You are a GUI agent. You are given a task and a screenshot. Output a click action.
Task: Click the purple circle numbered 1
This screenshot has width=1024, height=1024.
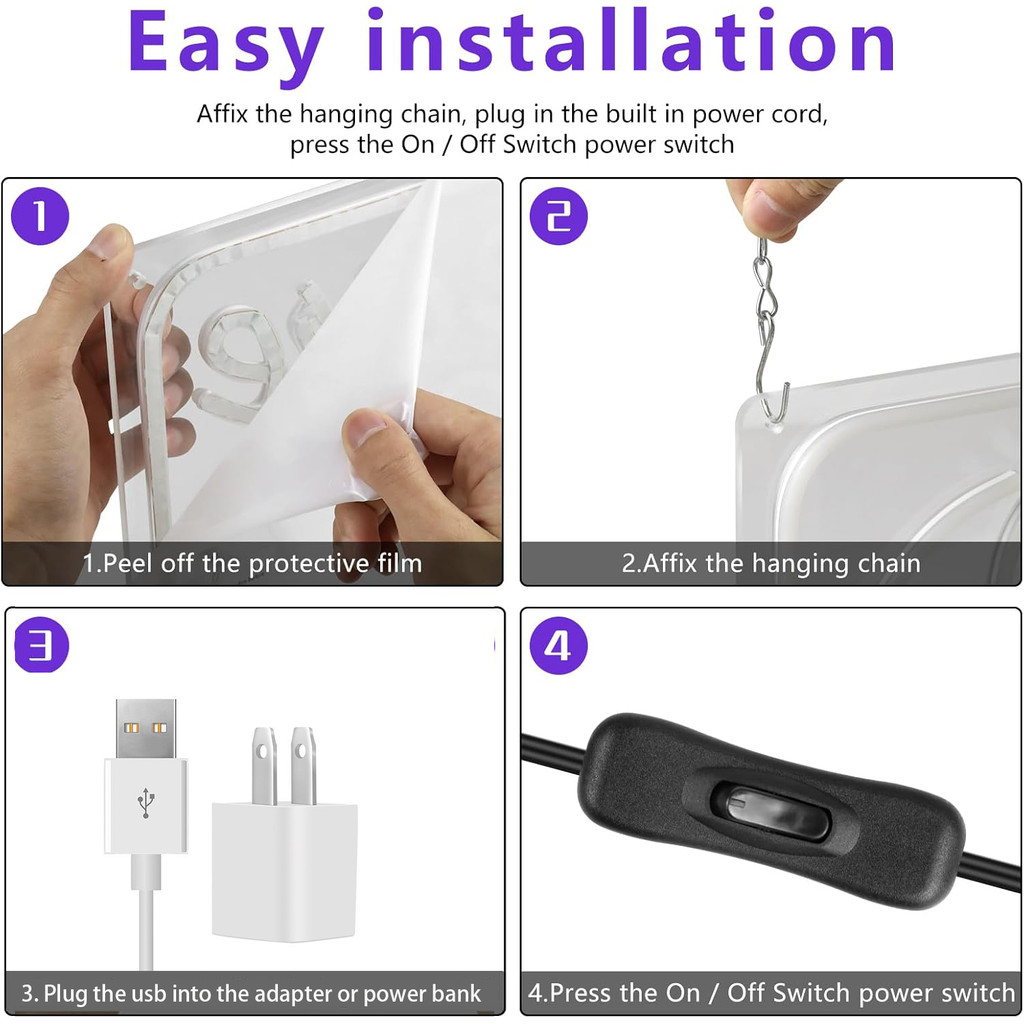(40, 216)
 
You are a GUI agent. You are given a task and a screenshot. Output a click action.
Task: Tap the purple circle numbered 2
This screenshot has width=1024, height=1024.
(558, 216)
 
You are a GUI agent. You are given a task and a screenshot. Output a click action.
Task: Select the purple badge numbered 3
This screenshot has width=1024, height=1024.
(41, 645)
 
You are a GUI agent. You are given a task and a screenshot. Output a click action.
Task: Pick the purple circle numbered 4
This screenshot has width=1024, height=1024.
(558, 646)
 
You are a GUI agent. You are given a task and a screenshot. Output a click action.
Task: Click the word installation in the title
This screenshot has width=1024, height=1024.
(631, 39)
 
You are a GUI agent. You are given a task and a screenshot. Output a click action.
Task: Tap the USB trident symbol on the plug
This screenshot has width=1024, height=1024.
(146, 803)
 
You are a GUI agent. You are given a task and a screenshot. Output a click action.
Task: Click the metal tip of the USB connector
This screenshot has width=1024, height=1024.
(146, 728)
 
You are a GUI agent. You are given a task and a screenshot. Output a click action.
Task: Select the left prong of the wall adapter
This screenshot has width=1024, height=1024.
(264, 766)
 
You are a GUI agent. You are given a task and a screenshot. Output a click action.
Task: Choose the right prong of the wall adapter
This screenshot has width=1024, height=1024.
(304, 766)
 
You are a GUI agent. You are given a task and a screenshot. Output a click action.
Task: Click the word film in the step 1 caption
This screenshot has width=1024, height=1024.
(400, 563)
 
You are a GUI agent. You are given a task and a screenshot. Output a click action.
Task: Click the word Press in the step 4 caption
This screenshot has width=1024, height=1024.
(581, 993)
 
